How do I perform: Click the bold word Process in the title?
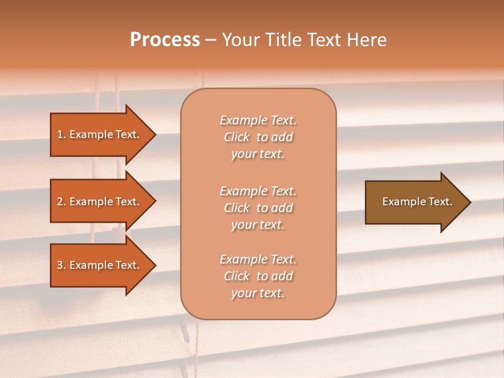point(165,40)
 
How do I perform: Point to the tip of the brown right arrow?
point(469,202)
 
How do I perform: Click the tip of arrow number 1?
point(154,134)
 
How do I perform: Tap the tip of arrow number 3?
point(154,266)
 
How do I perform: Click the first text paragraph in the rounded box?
point(258,137)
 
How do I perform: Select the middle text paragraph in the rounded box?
point(258,208)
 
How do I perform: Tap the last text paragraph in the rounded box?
point(258,276)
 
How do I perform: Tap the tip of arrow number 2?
point(154,202)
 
